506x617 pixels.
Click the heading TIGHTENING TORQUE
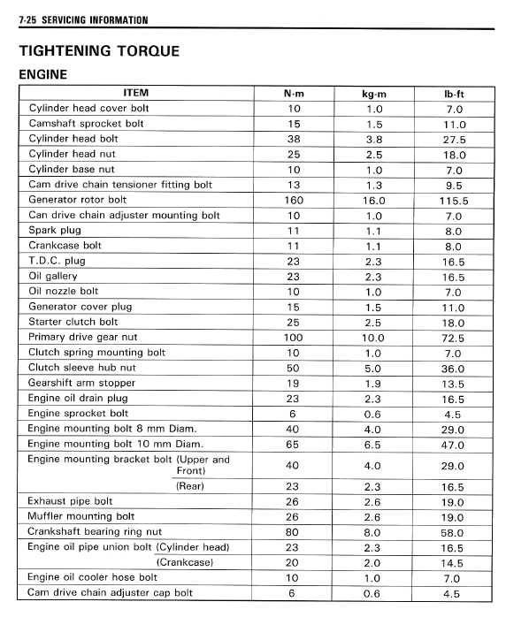click(99, 50)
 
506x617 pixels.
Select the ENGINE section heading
click(43, 75)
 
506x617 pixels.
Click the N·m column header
click(295, 93)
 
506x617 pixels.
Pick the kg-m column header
click(375, 93)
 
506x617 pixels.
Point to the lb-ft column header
click(455, 93)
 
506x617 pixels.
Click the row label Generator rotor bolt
click(77, 200)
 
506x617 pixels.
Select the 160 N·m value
click(295, 200)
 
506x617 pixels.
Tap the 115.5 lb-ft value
click(455, 201)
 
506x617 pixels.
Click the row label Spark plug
click(55, 230)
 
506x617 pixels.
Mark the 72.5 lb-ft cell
click(455, 338)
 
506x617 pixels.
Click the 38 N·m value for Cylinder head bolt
click(295, 139)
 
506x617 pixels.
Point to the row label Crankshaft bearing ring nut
click(95, 531)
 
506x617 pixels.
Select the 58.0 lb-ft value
click(455, 532)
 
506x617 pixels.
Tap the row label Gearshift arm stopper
click(82, 383)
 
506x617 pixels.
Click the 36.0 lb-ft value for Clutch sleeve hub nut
click(455, 369)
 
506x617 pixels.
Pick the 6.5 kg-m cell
click(375, 445)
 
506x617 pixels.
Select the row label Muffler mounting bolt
click(81, 516)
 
